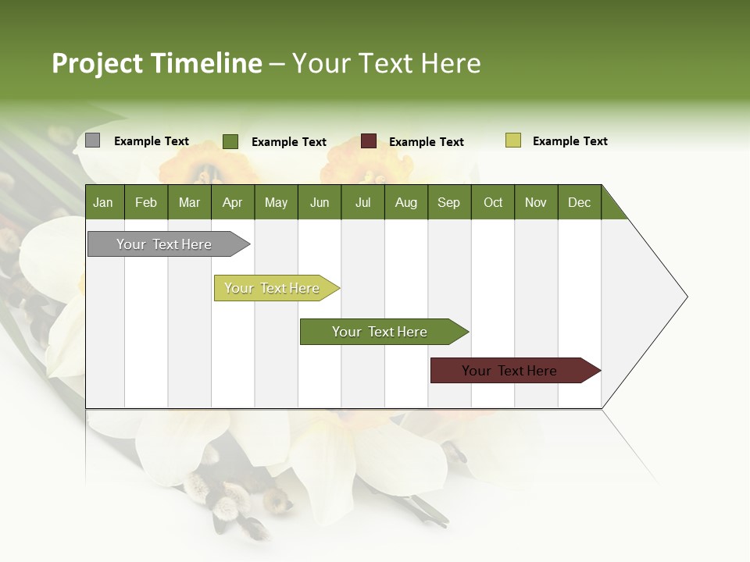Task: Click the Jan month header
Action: point(104,202)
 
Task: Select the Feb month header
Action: point(146,202)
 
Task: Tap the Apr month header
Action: point(233,202)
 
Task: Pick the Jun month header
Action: point(320,202)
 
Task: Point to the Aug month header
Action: point(406,202)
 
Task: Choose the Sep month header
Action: point(449,202)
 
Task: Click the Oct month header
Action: point(493,202)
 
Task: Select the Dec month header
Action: point(580,202)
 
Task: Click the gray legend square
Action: point(93,140)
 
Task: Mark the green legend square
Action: point(230,141)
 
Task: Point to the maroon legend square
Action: point(369,141)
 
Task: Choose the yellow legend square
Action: point(513,140)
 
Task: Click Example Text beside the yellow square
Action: point(570,141)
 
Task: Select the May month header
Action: point(276,202)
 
